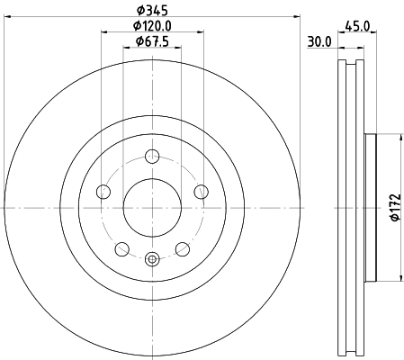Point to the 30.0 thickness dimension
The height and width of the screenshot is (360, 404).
point(319,41)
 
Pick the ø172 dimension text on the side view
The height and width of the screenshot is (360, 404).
point(393,208)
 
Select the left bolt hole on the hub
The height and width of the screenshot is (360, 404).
point(103,191)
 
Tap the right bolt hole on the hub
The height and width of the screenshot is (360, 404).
point(200,191)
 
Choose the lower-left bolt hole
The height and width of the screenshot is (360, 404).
point(121,248)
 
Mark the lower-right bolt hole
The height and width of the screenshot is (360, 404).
point(182,248)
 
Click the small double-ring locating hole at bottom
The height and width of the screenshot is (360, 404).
point(151,259)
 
